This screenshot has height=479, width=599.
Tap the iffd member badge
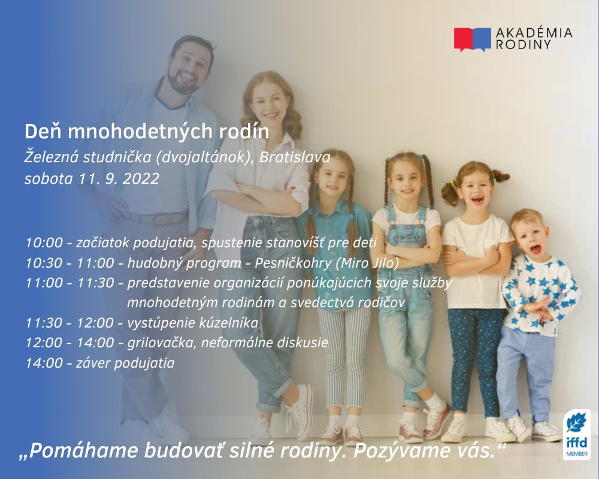[577, 435]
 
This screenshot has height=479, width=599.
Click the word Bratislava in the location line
[295, 157]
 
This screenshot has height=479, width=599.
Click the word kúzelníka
[229, 323]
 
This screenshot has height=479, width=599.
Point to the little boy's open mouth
[535, 249]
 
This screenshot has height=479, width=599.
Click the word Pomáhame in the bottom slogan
[80, 451]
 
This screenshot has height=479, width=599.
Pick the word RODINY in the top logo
[524, 44]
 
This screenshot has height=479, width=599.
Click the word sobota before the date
[49, 179]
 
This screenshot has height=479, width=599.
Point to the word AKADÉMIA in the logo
[534, 32]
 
